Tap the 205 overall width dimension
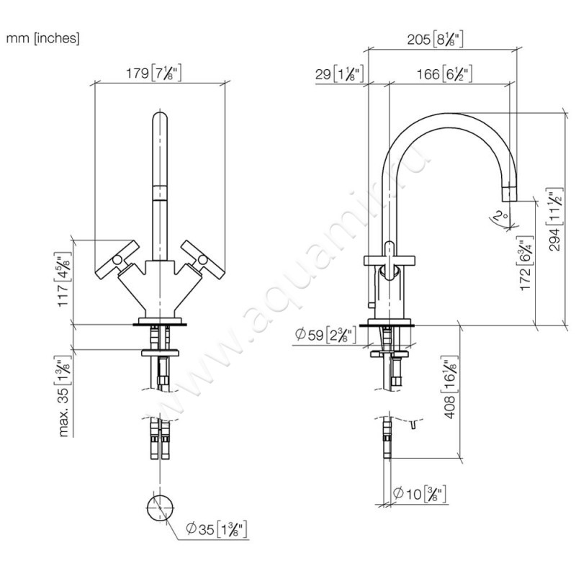pos(441,40)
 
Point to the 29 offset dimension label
pos(338,73)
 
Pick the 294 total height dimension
pos(554,217)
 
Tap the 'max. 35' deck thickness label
pos(66,396)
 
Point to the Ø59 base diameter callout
pos(324,334)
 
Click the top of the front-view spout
pos(160,119)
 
